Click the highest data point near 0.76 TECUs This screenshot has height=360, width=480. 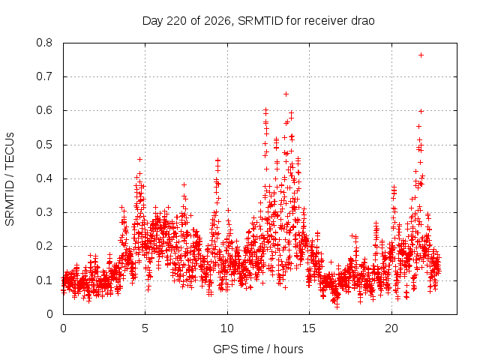pos(421,55)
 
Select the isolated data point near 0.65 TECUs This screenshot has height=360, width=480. pos(286,94)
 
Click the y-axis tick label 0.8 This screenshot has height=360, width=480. pos(44,43)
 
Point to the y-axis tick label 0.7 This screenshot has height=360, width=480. pos(44,76)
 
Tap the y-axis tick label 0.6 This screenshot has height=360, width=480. pos(44,110)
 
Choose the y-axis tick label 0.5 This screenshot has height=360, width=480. pos(44,145)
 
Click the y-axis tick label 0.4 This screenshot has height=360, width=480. pos(44,178)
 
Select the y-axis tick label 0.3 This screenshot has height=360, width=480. pos(44,212)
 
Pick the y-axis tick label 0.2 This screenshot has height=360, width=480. pos(44,247)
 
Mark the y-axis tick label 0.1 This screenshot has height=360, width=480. pos(44,280)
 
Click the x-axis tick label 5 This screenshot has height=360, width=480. pos(145,328)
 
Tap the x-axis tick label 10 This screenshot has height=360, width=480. pos(227,328)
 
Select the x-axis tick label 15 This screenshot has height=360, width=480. pos(309,328)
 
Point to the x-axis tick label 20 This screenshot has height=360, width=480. pos(391,328)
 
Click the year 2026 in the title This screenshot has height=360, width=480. pos(217,21)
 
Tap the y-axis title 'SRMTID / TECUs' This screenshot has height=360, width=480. pos(10,179)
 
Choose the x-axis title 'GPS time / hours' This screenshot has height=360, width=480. pos(258,349)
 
